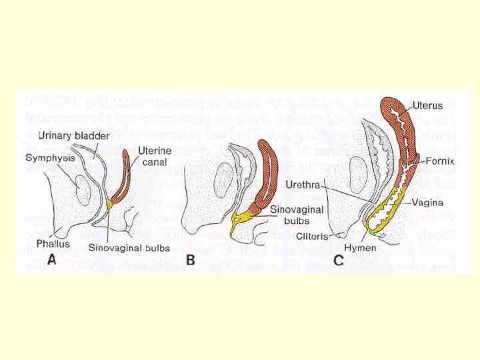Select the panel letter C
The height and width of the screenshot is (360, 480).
click(339, 261)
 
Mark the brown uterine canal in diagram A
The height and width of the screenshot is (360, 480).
click(121, 181)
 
